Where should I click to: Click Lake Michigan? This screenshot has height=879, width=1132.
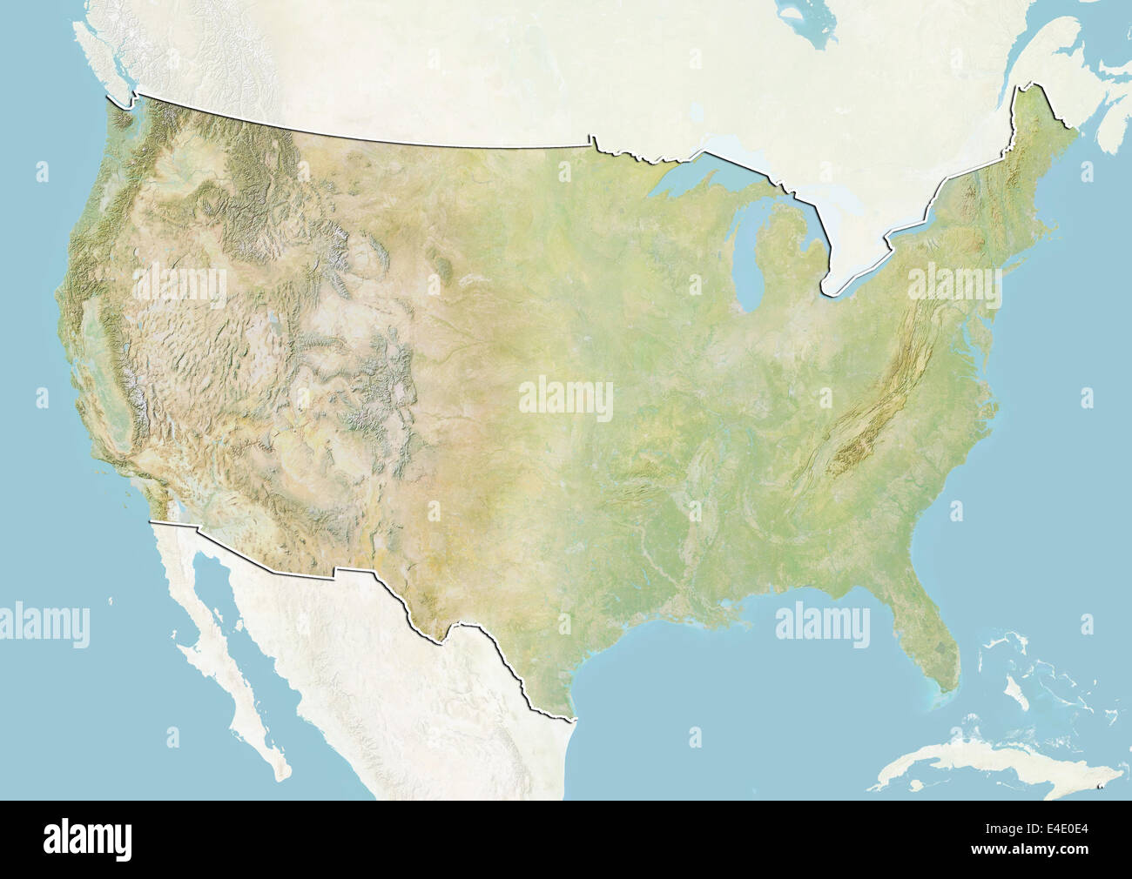point(749,261)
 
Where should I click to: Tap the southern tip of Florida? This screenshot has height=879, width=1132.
point(939,692)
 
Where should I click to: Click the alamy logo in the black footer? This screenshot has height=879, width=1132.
point(87,839)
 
